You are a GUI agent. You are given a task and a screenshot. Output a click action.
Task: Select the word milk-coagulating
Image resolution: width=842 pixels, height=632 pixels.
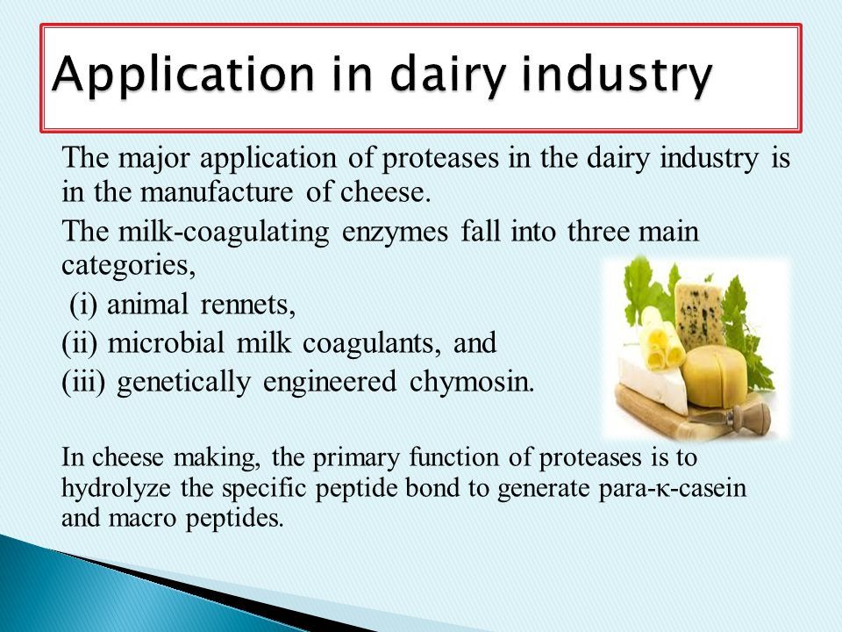click(x=224, y=233)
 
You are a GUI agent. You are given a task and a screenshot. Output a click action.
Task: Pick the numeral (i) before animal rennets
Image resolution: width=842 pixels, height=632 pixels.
click(x=83, y=305)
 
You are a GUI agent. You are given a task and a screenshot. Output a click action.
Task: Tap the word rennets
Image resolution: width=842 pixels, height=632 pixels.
click(x=247, y=305)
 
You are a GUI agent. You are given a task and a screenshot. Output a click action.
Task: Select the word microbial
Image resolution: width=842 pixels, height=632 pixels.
click(x=166, y=343)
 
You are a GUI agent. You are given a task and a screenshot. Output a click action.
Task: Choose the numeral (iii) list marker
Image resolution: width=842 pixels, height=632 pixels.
click(x=83, y=382)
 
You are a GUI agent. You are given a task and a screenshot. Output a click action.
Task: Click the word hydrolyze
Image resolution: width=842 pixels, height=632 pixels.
click(x=117, y=489)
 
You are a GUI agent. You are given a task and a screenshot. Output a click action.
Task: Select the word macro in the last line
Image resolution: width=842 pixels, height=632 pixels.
click(x=142, y=519)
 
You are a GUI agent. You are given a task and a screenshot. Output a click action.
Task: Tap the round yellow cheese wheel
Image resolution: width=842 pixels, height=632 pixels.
click(x=714, y=377)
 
